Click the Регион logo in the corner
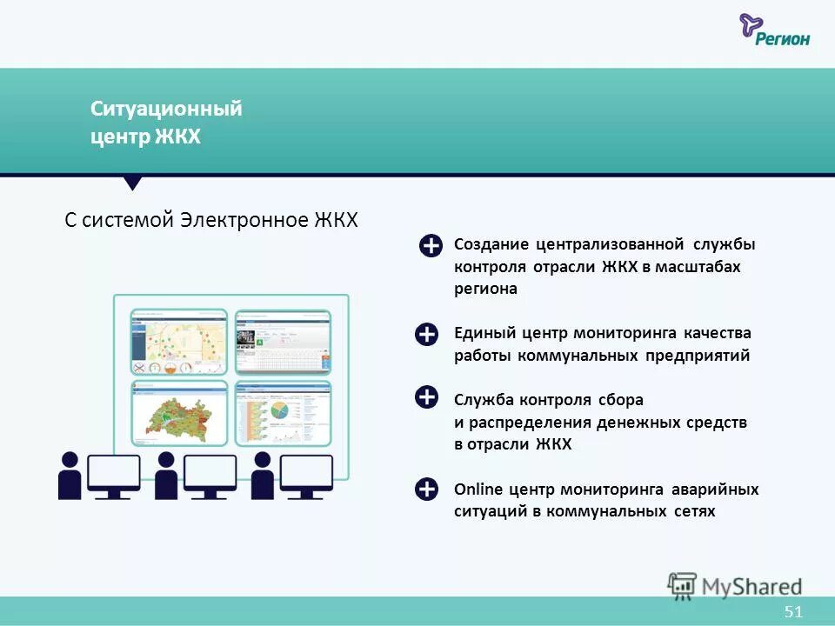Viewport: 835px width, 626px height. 774,30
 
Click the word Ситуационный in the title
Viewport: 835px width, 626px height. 166,110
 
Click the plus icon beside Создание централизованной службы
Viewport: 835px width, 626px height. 431,247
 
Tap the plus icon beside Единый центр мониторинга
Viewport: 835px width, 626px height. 426,335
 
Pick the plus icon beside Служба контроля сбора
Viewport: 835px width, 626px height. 426,398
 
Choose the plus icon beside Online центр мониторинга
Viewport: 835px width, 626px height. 426,489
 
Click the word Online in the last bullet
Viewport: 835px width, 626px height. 475,489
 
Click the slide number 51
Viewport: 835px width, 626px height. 792,612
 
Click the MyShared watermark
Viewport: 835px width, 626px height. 735,585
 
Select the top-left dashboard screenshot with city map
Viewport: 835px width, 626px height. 179,341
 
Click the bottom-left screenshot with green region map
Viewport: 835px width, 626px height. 179,411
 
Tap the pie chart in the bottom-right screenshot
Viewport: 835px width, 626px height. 279,410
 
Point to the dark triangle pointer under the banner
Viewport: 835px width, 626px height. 132,183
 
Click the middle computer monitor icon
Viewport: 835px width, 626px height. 210,475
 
